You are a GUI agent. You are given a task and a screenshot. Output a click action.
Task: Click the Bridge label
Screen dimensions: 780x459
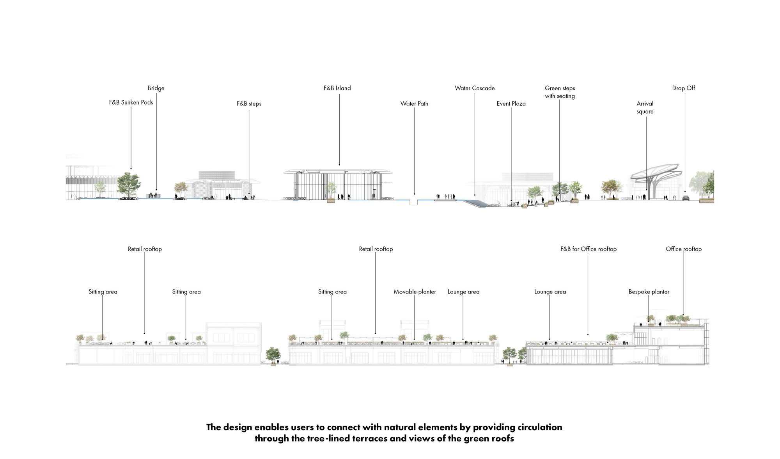156,88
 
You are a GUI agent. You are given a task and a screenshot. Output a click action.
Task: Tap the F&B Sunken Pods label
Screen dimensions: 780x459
131,102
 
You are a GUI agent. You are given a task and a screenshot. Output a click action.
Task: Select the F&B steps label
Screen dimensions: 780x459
249,103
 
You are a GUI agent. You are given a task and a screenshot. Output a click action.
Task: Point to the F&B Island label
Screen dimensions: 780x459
337,88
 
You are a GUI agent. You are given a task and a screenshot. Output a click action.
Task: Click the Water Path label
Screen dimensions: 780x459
414,103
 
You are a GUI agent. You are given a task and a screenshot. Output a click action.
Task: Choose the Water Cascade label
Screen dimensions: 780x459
475,88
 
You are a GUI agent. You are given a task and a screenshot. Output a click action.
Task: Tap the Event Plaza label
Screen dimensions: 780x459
511,103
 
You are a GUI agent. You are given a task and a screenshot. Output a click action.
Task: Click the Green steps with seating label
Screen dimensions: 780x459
560,92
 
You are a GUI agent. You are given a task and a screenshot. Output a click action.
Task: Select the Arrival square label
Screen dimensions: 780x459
645,107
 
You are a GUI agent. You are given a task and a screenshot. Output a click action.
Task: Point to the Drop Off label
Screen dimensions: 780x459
683,88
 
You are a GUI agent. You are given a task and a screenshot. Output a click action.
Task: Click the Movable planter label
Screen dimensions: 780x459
415,292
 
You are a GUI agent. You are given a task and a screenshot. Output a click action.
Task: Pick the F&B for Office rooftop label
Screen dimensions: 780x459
588,249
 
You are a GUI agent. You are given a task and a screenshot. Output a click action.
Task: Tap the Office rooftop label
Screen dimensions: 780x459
683,249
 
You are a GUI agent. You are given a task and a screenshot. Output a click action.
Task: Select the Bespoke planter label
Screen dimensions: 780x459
649,292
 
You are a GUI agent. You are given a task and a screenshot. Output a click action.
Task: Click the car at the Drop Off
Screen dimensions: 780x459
686,198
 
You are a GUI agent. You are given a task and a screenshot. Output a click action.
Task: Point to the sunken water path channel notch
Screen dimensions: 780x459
414,202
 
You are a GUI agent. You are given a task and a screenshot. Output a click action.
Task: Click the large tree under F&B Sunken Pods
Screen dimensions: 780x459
128,185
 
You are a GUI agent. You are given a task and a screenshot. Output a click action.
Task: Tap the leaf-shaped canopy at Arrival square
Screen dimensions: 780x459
656,172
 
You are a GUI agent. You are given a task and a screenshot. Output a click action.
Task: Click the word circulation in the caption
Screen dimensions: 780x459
540,427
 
